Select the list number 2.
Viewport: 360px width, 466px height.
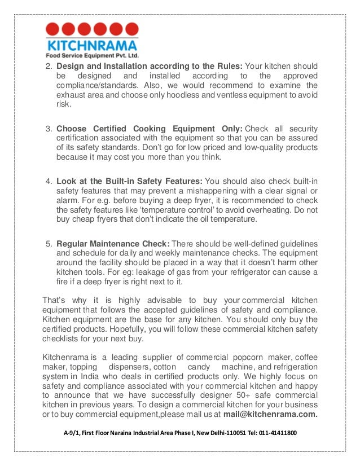[48, 66]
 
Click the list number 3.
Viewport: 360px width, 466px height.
[48, 128]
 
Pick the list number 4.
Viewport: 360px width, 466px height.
[48, 181]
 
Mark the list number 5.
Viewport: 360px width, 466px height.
[48, 244]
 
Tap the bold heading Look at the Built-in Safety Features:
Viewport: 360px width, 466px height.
[129, 181]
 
